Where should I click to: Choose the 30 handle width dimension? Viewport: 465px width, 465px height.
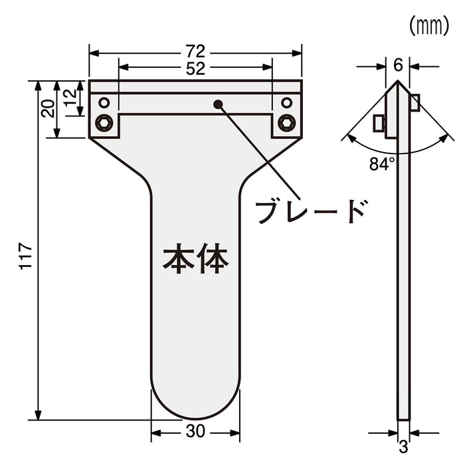tap(195, 431)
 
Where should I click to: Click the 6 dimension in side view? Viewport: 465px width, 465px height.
tap(397, 65)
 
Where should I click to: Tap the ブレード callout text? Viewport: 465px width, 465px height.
tap(311, 211)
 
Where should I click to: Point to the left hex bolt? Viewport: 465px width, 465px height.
tap(104, 122)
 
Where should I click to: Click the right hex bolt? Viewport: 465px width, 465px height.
tap(287, 122)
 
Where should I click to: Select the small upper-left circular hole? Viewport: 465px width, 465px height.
tap(104, 102)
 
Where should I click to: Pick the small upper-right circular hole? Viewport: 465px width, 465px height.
tap(287, 102)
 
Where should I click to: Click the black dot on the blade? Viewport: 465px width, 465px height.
tap(218, 103)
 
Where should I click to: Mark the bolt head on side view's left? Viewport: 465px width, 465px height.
tap(379, 124)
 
